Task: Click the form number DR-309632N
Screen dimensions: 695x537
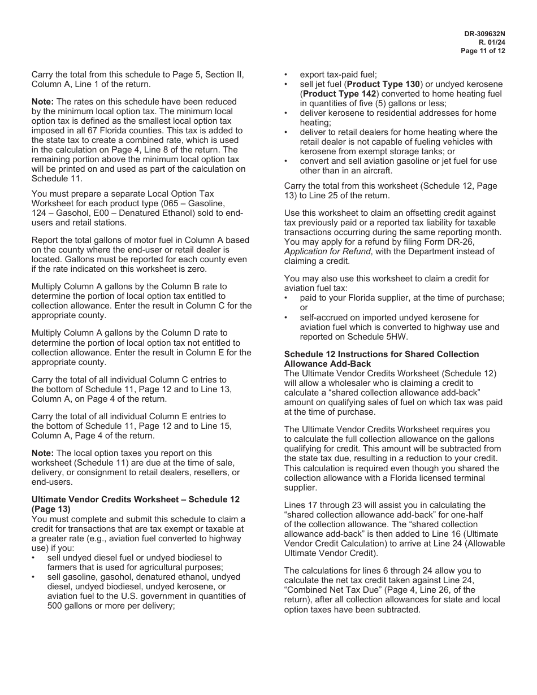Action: point(484,34)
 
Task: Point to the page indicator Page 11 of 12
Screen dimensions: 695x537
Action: point(483,51)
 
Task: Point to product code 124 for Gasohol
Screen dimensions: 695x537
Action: point(39,213)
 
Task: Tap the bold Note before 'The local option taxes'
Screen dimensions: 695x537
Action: point(42,453)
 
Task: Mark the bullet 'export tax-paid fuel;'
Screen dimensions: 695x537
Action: point(338,75)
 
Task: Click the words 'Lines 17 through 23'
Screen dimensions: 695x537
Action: point(322,505)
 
